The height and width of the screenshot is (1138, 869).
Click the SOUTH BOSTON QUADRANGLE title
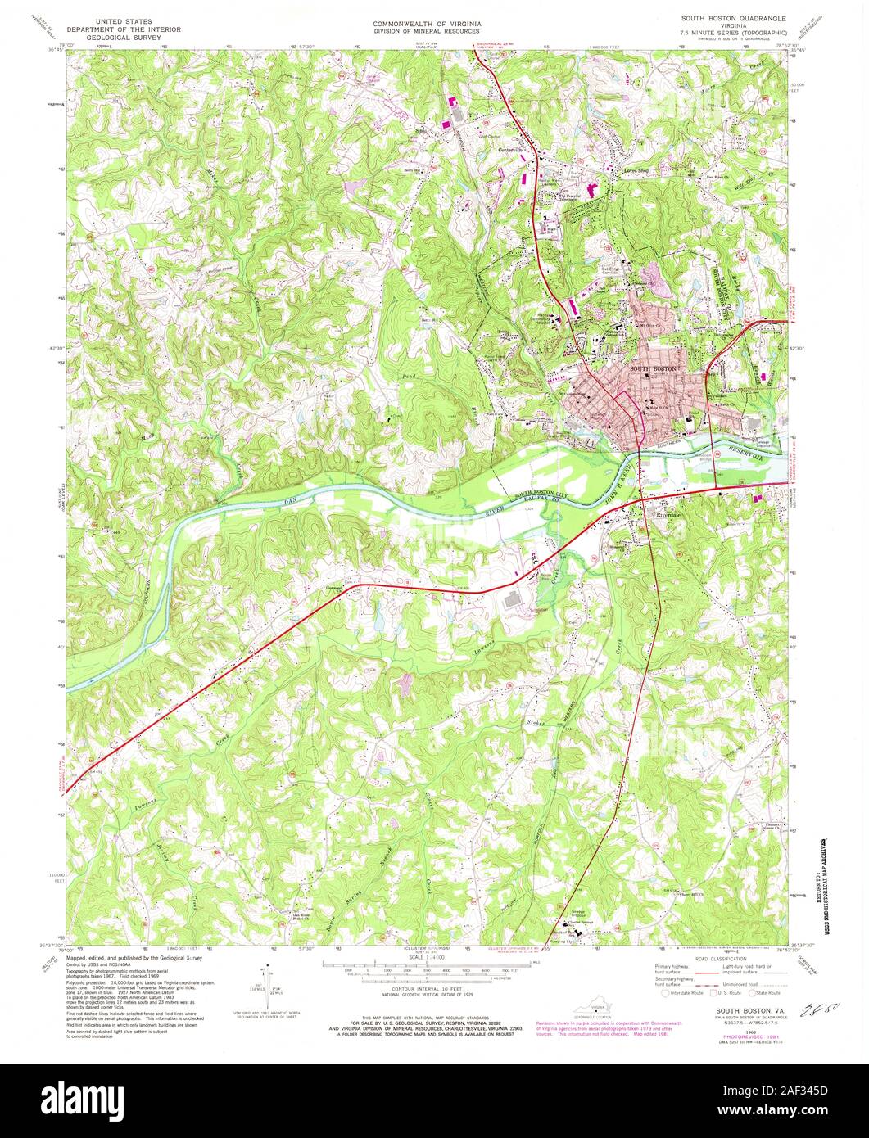point(740,17)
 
